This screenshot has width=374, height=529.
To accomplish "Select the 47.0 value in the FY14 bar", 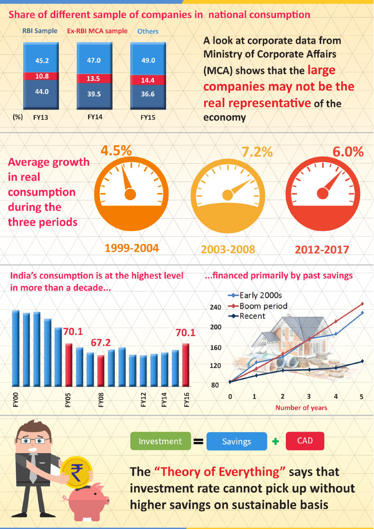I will [94, 61].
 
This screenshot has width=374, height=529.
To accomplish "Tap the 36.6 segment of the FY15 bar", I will [147, 94].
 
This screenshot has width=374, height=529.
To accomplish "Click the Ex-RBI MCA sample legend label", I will [97, 31].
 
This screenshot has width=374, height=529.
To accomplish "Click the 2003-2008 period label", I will [228, 249].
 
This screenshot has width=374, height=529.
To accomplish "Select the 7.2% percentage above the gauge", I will [257, 152].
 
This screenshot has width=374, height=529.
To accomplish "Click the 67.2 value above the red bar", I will [100, 343].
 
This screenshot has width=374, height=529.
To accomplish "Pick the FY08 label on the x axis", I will [101, 400].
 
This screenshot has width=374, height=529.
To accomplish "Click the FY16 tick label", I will [186, 400].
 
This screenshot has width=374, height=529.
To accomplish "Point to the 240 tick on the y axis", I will [216, 308].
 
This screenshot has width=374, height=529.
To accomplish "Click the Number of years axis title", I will [301, 408].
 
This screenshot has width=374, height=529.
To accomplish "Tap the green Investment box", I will [160, 441].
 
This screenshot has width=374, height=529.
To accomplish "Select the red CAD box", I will [305, 440].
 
